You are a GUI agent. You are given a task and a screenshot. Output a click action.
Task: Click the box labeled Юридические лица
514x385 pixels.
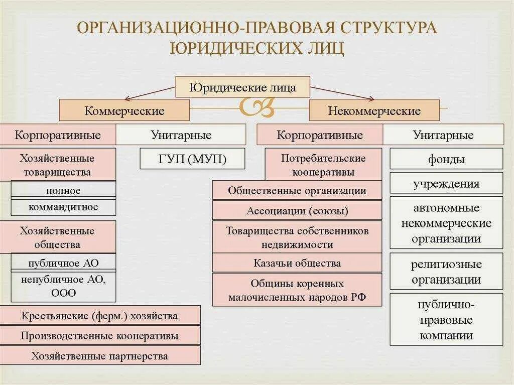tap(242, 87)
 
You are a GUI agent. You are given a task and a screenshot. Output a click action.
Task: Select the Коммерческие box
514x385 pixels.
tap(124, 110)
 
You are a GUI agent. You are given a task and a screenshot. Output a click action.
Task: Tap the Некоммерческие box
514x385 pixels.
tap(374, 110)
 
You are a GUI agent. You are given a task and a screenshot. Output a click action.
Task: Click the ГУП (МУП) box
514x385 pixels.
tap(193, 159)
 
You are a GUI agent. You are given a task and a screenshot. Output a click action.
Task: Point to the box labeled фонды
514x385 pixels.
tap(446, 159)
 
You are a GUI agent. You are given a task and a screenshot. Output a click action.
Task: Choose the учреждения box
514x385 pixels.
tap(446, 183)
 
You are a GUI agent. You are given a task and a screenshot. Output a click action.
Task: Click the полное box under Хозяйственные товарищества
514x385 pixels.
tap(63, 190)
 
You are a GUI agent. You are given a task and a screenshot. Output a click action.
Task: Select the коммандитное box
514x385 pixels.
tap(63, 207)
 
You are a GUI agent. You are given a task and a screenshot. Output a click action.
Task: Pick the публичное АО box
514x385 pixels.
tap(63, 263)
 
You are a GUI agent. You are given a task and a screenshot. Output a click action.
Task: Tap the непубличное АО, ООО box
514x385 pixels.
tap(63, 286)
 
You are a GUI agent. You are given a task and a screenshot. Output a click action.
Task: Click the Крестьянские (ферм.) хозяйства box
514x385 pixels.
tap(100, 316)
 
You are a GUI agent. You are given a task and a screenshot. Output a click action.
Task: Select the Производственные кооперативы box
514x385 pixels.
tap(100, 336)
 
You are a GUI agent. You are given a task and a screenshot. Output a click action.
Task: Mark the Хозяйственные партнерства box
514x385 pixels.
tap(100, 356)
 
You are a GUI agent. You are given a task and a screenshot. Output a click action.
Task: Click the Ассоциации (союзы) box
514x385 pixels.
tap(297, 211)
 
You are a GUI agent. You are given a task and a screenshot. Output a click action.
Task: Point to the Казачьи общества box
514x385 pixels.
tap(297, 263)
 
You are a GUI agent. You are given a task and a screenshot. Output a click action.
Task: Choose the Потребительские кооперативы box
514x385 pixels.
tap(323, 165)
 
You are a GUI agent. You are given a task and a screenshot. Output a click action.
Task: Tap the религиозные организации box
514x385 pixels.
tap(446, 272)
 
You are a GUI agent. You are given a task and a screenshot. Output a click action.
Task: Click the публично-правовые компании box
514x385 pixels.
tap(446, 320)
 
